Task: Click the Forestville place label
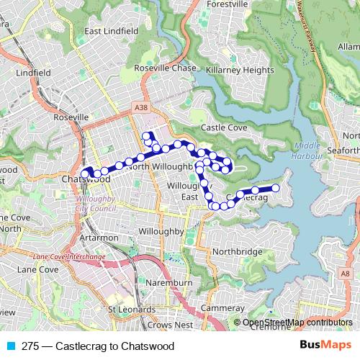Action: coord(228,4)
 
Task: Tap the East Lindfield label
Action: coord(111,32)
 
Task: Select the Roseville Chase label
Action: coord(165,68)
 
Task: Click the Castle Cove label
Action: coord(224,127)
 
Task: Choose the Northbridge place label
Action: coord(238,252)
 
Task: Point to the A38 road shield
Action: coord(140,106)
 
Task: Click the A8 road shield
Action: coord(346,274)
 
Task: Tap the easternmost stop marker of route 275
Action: coord(274,188)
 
